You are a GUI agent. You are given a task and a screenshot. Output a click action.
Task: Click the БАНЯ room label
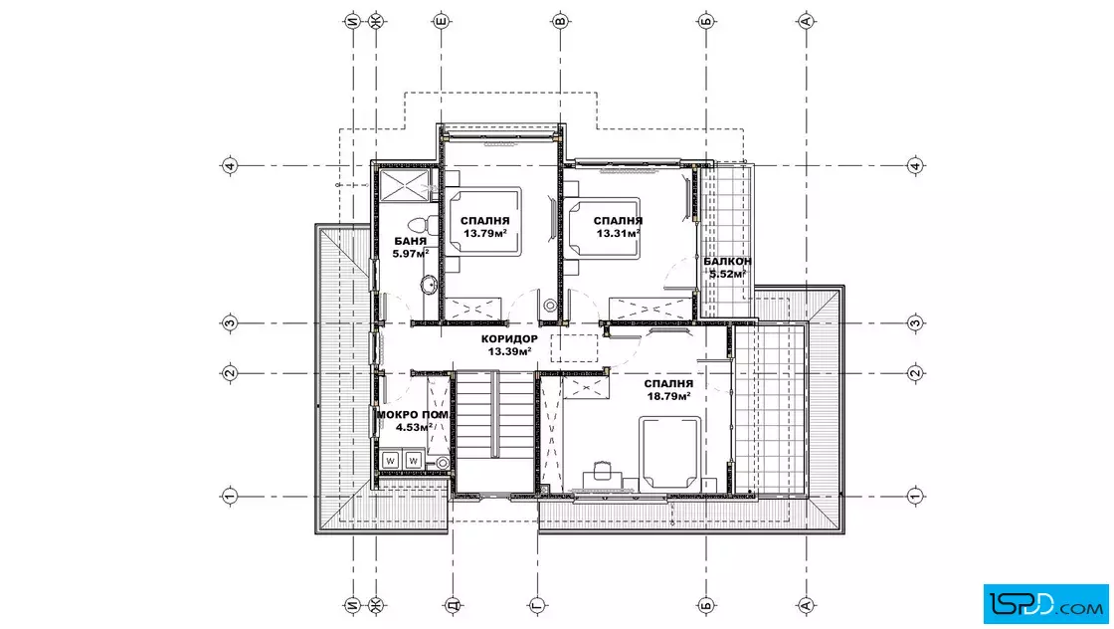point(411,241)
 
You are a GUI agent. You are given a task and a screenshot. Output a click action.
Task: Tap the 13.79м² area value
point(485,233)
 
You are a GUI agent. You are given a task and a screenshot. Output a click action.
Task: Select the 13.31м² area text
point(619,233)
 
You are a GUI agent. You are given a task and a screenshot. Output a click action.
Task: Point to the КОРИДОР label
point(509,339)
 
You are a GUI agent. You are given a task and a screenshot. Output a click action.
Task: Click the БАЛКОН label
point(727,262)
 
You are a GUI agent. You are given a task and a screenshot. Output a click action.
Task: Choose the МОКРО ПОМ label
point(413,415)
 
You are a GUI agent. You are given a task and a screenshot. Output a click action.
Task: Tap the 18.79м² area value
point(668,396)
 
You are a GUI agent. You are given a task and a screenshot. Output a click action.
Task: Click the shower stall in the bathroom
point(405,186)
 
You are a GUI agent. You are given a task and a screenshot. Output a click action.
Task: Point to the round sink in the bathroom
point(430,285)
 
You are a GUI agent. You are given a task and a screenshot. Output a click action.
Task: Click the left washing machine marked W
point(390,461)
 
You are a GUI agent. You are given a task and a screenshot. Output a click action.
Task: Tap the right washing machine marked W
point(414,461)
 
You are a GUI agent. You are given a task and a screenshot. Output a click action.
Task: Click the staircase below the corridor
point(494,431)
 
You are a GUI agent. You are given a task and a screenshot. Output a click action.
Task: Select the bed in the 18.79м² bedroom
point(670,453)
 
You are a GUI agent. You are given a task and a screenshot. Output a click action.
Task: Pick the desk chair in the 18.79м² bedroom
point(603,470)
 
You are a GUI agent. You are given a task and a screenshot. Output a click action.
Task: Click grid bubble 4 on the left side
point(230,166)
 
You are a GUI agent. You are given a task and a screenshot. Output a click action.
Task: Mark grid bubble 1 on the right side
point(915,496)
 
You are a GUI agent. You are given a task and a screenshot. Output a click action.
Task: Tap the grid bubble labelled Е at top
point(442,21)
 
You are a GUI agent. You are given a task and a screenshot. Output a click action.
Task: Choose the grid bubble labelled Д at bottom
point(454,605)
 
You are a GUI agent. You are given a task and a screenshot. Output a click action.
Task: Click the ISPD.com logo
point(1045,604)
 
